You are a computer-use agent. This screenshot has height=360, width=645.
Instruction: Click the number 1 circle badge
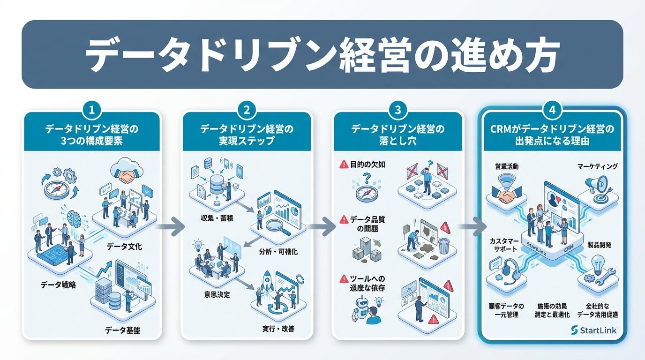pyautogui.click(x=92, y=111)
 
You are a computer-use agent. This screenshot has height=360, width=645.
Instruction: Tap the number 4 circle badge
pyautogui.click(x=552, y=111)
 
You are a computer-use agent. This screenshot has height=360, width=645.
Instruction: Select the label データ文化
pyautogui.click(x=124, y=246)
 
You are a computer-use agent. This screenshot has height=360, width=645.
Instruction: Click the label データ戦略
pyautogui.click(x=59, y=285)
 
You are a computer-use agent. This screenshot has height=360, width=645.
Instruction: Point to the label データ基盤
pyautogui.click(x=123, y=330)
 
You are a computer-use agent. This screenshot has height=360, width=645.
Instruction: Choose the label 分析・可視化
pyautogui.click(x=278, y=252)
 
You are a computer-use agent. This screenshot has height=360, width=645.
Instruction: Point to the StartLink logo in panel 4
pyautogui.click(x=594, y=330)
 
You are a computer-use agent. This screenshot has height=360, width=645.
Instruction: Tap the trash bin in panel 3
pyautogui.click(x=444, y=244)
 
